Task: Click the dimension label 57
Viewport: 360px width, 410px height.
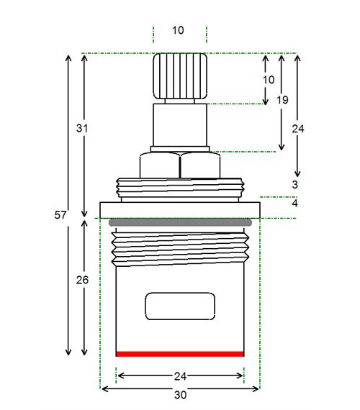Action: [x=60, y=215]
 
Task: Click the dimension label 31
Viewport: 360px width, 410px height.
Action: [x=82, y=128]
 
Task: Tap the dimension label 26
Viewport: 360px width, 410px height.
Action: [x=82, y=280]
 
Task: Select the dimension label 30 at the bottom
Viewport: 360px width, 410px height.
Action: [x=181, y=395]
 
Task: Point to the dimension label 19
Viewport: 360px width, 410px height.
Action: [x=282, y=100]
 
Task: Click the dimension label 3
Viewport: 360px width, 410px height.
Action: [x=295, y=185]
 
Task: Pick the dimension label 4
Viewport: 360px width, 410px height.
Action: [x=295, y=203]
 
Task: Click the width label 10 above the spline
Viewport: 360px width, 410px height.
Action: [x=178, y=30]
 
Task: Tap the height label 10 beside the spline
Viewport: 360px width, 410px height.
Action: [x=269, y=80]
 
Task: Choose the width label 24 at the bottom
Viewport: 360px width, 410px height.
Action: [x=181, y=376]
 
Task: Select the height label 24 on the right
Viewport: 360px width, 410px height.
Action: [x=298, y=129]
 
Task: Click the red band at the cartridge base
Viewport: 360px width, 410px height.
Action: [x=180, y=354]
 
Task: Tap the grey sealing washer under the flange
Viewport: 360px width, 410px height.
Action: [x=180, y=222]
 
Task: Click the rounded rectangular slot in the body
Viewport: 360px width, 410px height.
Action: [x=180, y=306]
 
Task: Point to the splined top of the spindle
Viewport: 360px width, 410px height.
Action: [x=180, y=76]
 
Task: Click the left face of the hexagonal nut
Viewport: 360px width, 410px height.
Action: [x=160, y=165]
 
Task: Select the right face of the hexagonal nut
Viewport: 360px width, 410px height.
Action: [x=200, y=165]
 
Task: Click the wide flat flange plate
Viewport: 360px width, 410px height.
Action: [x=180, y=210]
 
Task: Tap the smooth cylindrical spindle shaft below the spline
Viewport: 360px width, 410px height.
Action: [x=180, y=125]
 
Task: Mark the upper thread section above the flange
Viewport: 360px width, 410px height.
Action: [x=180, y=188]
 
